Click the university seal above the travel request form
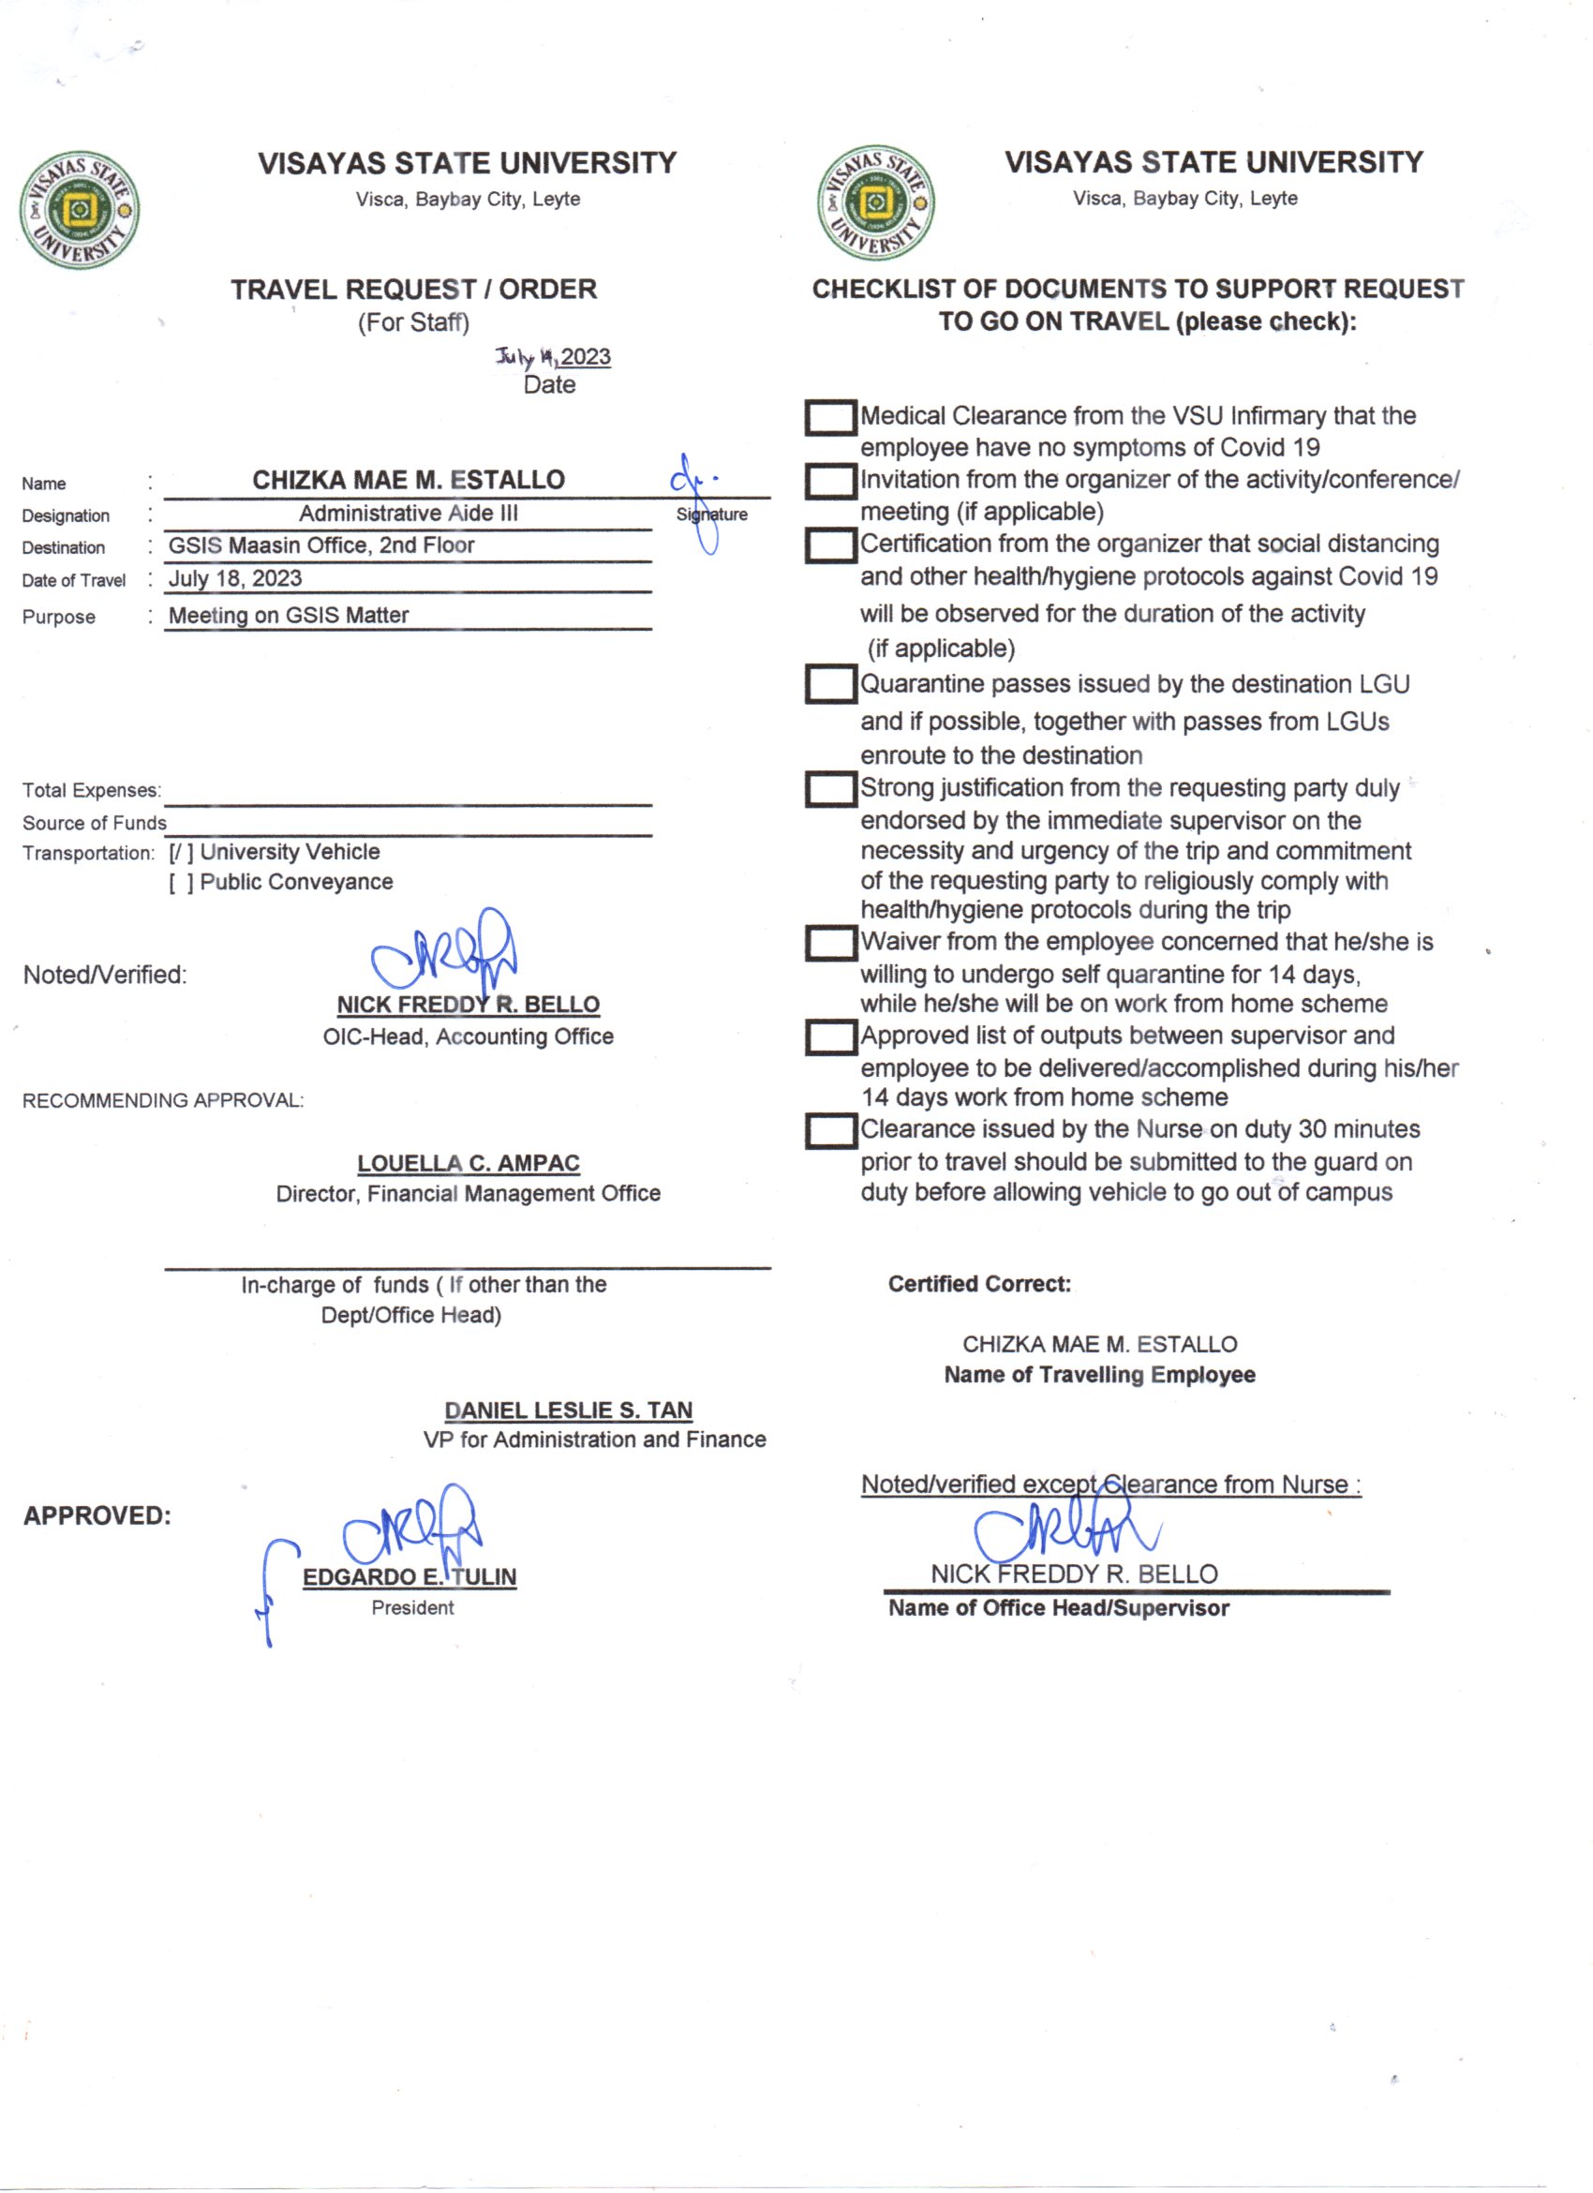click(80, 209)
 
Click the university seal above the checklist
click(875, 203)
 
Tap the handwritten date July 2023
click(553, 357)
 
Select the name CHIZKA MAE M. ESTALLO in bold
click(408, 480)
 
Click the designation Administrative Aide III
click(408, 514)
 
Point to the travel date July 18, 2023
click(235, 578)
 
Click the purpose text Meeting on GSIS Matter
click(288, 615)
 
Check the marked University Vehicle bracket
click(181, 852)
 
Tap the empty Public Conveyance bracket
click(181, 882)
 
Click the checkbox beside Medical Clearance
click(830, 418)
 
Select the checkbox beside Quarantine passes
click(830, 684)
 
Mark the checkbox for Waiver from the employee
click(830, 943)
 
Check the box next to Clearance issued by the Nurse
click(830, 1130)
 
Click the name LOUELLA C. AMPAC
click(468, 1163)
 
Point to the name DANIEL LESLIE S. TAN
click(569, 1410)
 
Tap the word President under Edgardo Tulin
click(411, 1607)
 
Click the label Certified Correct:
click(979, 1284)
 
